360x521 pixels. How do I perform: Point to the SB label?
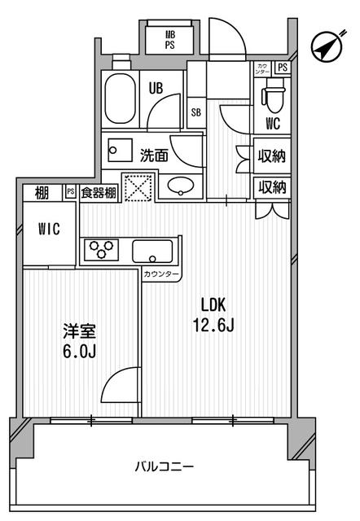(x=196, y=113)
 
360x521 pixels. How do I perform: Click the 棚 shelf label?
(x=42, y=192)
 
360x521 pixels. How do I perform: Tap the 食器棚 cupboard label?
(x=98, y=193)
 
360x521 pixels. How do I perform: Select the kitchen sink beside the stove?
(x=152, y=250)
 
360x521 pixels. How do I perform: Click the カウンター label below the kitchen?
(x=160, y=275)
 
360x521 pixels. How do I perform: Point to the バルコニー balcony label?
(x=165, y=467)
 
